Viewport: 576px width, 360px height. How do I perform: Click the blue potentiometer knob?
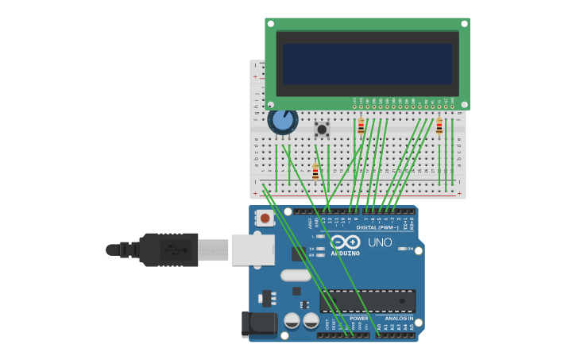(282, 120)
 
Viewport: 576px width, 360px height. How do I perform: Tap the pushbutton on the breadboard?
(322, 129)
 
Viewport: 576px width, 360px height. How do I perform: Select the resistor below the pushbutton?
(315, 172)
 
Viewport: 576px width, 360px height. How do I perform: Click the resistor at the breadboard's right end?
(439, 126)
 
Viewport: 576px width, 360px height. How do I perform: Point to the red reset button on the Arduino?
(265, 217)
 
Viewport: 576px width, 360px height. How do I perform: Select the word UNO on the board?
(380, 242)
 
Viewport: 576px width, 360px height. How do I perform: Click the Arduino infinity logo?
(346, 242)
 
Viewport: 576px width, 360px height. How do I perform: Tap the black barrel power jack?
(257, 323)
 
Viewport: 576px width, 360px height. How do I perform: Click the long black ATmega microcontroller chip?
(367, 301)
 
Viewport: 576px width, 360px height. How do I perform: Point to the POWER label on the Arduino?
(358, 319)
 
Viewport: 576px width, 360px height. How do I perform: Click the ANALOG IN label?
(399, 319)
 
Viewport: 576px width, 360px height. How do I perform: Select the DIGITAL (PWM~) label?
(377, 227)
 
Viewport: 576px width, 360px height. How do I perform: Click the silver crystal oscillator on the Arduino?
(296, 275)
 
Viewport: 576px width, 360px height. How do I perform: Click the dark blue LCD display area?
(367, 64)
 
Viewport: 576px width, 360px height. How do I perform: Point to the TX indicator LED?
(321, 249)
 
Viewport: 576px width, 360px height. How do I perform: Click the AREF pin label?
(311, 223)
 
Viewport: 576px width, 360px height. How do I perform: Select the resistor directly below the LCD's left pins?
(361, 126)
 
